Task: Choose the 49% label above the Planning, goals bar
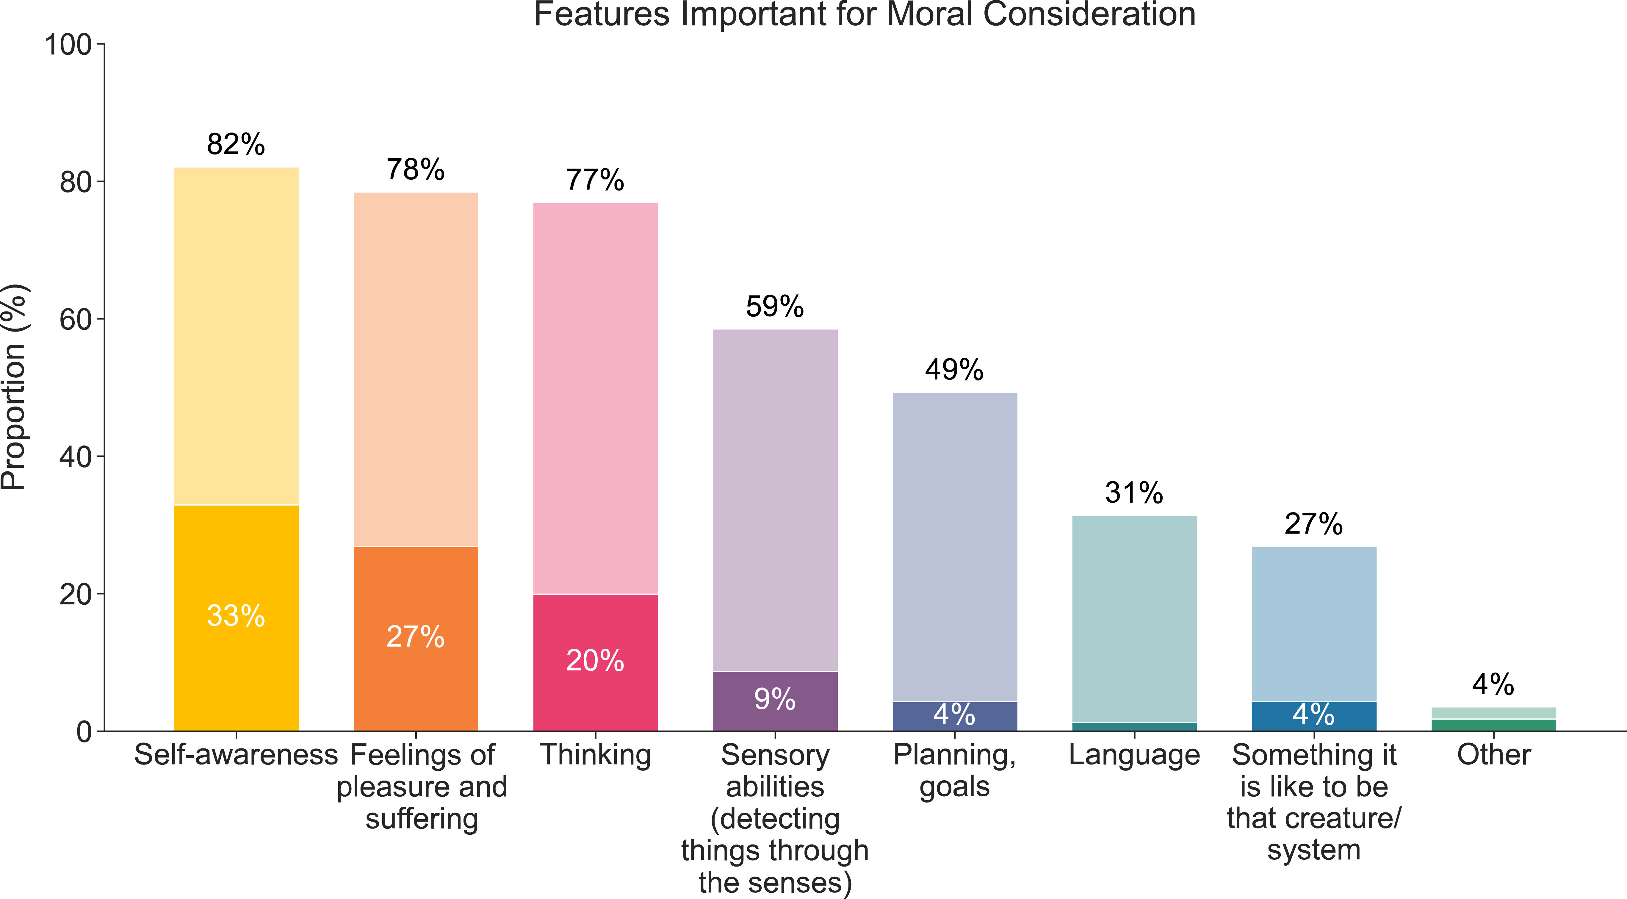click(x=954, y=370)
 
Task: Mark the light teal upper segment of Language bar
click(x=1134, y=619)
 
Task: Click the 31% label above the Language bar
click(x=1134, y=493)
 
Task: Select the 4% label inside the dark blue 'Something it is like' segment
click(x=1314, y=714)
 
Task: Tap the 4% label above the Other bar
click(x=1493, y=684)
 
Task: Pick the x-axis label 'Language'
click(x=1134, y=755)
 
